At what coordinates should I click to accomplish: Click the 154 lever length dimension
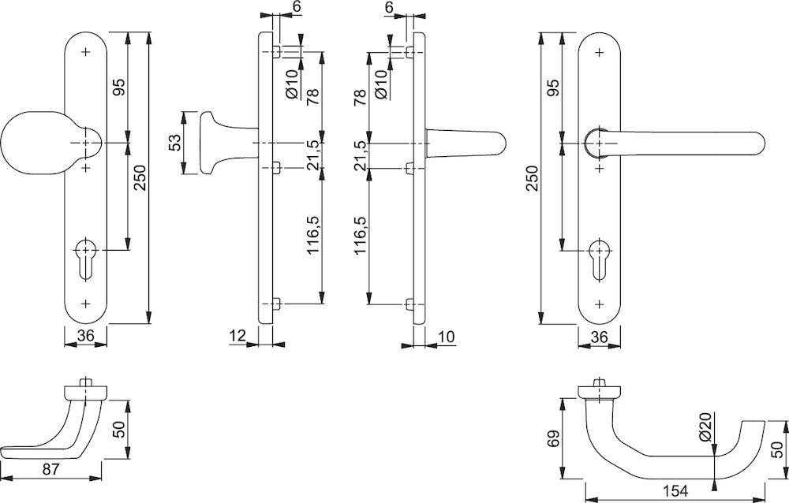[x=675, y=491]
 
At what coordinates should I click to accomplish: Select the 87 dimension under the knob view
[x=51, y=469]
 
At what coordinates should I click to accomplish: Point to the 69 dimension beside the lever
[x=553, y=438]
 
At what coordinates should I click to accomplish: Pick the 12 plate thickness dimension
[x=237, y=336]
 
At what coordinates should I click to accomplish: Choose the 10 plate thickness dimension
[x=446, y=336]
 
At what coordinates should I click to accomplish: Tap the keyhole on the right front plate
[x=599, y=259]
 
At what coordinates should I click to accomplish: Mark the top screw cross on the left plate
[x=86, y=52]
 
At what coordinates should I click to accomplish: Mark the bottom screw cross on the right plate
[x=599, y=304]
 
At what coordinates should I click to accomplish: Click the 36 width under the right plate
[x=598, y=336]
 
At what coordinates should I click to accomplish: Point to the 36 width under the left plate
[x=86, y=336]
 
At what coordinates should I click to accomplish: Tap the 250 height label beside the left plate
[x=140, y=178]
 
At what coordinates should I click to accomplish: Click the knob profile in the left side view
[x=222, y=143]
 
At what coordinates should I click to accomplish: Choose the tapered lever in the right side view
[x=465, y=143]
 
